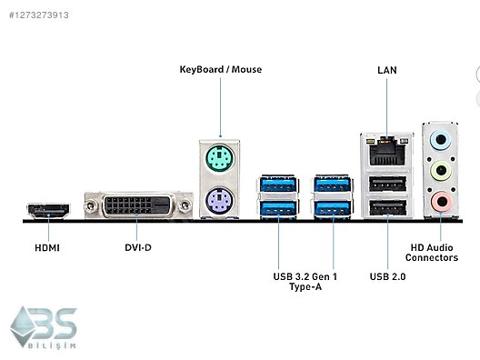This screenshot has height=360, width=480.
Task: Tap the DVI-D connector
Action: click(x=137, y=205)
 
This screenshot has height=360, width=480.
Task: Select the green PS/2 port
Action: click(x=219, y=163)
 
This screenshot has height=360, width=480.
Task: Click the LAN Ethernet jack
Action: click(x=386, y=151)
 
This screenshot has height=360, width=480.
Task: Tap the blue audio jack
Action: click(x=441, y=141)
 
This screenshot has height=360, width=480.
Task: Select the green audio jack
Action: click(x=441, y=170)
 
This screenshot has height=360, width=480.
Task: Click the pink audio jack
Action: click(x=441, y=199)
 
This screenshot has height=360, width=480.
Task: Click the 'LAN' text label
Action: click(x=386, y=69)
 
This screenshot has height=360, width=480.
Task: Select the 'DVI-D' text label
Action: click(x=137, y=247)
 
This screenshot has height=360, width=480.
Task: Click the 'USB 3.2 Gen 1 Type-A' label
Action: click(x=305, y=281)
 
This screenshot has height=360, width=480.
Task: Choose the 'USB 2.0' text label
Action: click(x=387, y=275)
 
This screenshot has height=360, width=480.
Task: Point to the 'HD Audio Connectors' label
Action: click(x=432, y=253)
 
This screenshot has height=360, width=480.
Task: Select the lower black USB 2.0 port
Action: click(x=386, y=209)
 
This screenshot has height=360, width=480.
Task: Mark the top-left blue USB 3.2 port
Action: click(x=276, y=185)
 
